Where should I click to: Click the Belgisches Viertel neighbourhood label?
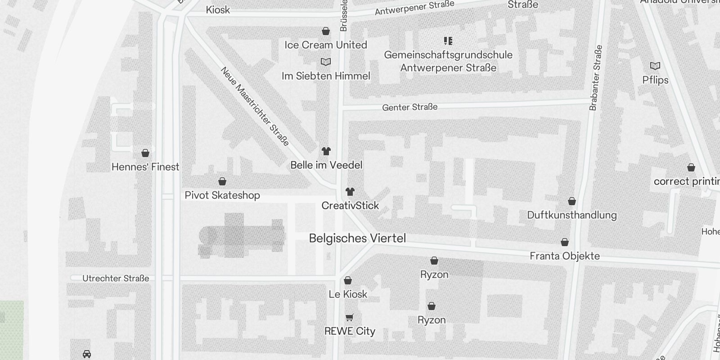pos(357,238)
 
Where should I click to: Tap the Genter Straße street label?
pos(409,107)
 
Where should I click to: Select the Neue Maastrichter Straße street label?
pos(255,106)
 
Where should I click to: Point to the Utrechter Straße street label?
pos(116,279)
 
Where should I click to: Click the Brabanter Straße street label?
pos(595,77)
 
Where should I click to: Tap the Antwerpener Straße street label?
pos(414,8)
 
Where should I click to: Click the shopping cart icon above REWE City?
pos(350,317)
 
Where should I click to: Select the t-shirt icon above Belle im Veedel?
pos(326,151)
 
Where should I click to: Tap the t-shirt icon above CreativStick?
pos(350,192)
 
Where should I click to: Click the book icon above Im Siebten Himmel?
pos(326,62)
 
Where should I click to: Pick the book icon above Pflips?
pos(655,66)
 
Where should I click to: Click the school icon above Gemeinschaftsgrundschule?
pos(448,41)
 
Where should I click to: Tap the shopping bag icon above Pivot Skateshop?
pos(222,181)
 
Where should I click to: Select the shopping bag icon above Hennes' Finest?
pos(145,153)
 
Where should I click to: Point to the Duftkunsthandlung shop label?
pos(571,215)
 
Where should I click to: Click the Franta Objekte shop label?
pos(565,256)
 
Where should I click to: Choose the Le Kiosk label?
pos(348,294)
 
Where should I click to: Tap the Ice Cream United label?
pos(326,45)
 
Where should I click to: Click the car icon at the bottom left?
pos(87,354)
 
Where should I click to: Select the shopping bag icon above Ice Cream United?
pos(326,31)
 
